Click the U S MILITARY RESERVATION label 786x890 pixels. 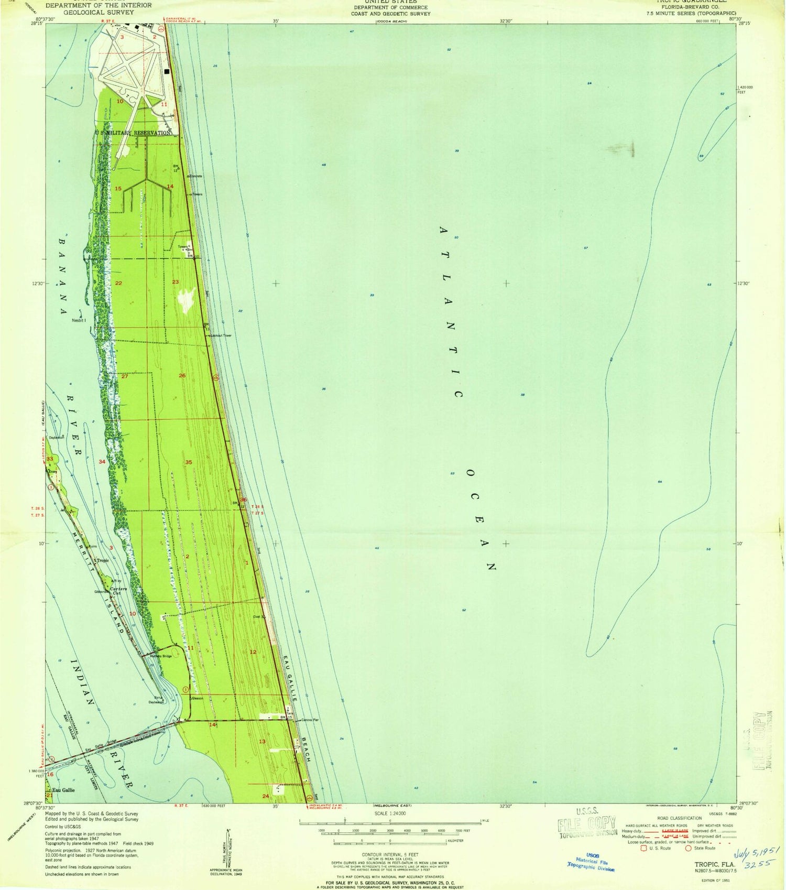click(133, 133)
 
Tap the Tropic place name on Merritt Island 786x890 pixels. click(102, 560)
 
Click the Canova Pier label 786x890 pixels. click(310, 720)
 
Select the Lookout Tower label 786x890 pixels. click(221, 335)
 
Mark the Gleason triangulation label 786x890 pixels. click(197, 698)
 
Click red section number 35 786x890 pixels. click(189, 462)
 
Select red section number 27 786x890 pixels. click(125, 376)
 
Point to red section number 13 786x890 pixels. click(262, 741)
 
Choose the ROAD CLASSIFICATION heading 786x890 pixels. click(680, 818)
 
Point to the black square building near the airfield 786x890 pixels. click(167, 72)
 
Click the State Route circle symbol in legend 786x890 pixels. click(688, 848)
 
